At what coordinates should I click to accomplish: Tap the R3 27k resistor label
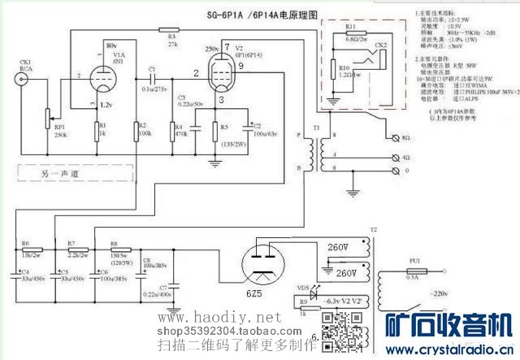(171, 40)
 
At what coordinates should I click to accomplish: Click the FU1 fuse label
(414, 259)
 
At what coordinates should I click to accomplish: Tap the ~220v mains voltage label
(462, 292)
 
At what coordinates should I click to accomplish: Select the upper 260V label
(337, 246)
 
